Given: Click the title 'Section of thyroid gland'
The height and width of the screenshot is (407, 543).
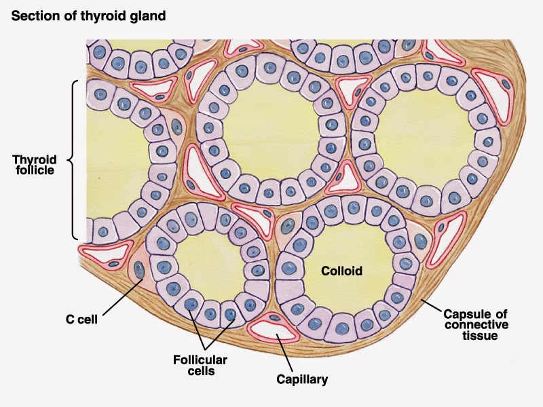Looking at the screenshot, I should [x=88, y=14].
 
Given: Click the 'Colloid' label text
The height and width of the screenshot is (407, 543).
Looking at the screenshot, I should [x=342, y=271].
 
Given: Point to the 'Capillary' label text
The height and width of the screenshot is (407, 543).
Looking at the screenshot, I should [x=302, y=379].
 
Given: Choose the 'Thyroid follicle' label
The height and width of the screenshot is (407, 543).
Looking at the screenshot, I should [x=34, y=164].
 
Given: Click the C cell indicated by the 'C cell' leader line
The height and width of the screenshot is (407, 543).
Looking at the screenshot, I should [x=138, y=268].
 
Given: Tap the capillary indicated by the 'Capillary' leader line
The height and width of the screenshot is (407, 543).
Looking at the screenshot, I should [x=272, y=327].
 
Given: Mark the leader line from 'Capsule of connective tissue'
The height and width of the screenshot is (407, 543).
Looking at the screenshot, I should [x=432, y=305].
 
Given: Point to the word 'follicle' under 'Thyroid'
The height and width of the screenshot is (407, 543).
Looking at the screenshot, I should [x=34, y=170].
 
